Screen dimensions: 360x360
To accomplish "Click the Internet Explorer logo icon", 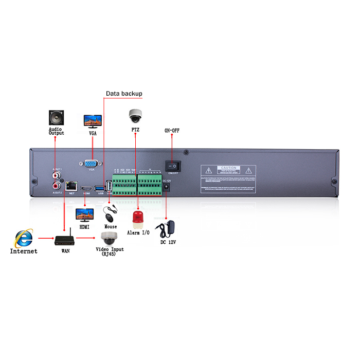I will [23, 238].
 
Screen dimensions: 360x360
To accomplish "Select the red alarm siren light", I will [138, 218].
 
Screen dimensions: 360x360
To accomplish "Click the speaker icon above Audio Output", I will [56, 117].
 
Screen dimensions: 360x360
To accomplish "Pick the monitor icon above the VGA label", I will [93, 121].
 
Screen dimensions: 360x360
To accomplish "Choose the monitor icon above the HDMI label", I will [83, 214].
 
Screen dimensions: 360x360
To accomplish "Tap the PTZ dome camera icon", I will [135, 115].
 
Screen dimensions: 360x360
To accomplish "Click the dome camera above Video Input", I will [109, 238].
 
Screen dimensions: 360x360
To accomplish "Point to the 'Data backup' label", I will [124, 94].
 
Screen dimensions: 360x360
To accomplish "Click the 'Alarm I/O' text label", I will [138, 233].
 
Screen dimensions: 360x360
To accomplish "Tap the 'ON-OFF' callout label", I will [172, 131].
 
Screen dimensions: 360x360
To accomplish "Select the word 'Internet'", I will [24, 251].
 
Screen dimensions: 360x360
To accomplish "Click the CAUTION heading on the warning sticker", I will [228, 168].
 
